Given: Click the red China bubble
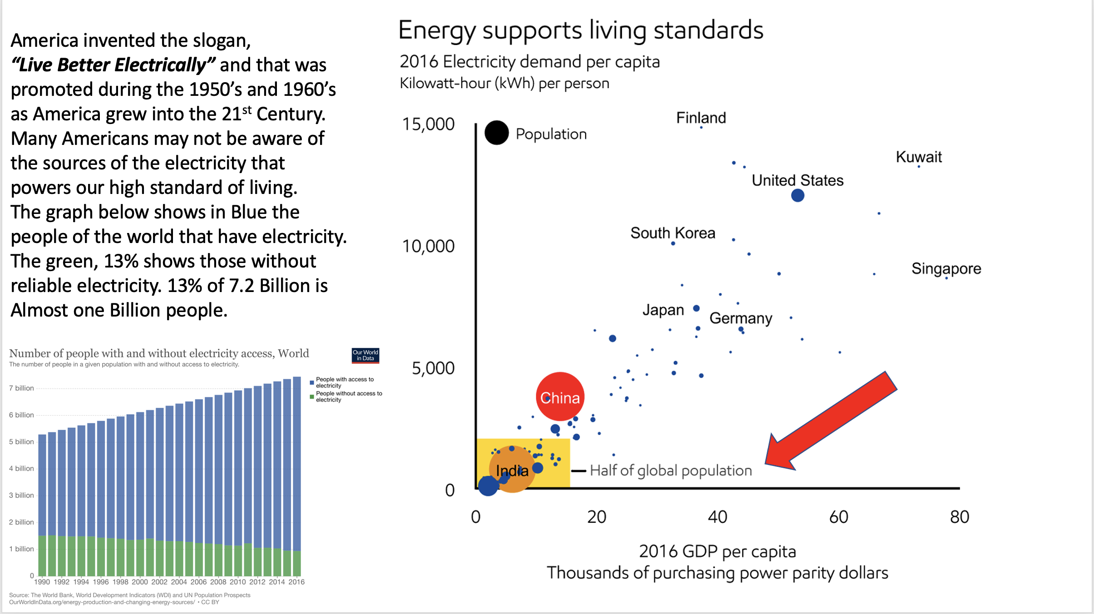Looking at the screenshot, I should click(x=560, y=396).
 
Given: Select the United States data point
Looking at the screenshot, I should click(x=798, y=195).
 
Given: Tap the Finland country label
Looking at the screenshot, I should click(x=701, y=118).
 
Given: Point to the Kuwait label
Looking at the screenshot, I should click(x=919, y=157).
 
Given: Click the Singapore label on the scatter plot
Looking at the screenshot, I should click(x=946, y=268).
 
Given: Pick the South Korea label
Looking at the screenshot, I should click(x=673, y=233).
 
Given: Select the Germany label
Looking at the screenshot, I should click(x=740, y=318).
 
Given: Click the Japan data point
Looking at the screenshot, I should click(x=696, y=308).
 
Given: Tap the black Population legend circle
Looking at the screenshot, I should click(x=497, y=133).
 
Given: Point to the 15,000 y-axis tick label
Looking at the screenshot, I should click(x=428, y=124).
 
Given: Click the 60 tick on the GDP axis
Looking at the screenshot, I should click(x=838, y=517).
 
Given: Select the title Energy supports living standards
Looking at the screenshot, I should click(x=581, y=30).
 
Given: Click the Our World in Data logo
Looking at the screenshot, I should click(x=365, y=355).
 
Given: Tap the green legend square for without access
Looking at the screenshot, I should click(x=312, y=396).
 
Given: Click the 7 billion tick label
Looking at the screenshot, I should click(x=21, y=388).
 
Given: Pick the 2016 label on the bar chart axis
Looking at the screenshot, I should click(x=296, y=582).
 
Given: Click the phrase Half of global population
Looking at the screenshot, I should click(x=670, y=470).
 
